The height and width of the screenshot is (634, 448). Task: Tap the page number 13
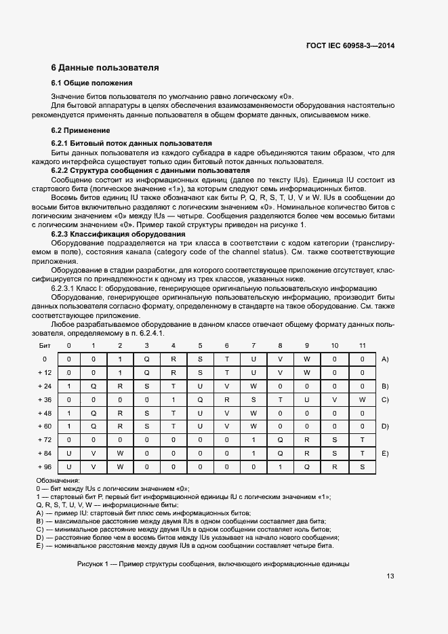[390, 576]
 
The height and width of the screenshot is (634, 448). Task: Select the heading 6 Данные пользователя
[105, 68]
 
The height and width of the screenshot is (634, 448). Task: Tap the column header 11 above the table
[363, 345]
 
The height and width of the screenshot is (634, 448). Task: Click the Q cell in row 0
[146, 359]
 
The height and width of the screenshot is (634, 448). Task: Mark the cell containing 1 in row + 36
[173, 399]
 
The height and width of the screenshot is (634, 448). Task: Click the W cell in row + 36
[363, 399]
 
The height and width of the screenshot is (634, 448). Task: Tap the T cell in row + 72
[363, 439]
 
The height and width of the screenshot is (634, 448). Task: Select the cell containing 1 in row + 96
[281, 467]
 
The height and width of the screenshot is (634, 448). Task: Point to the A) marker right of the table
[385, 359]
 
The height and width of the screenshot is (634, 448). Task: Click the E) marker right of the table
[385, 453]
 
